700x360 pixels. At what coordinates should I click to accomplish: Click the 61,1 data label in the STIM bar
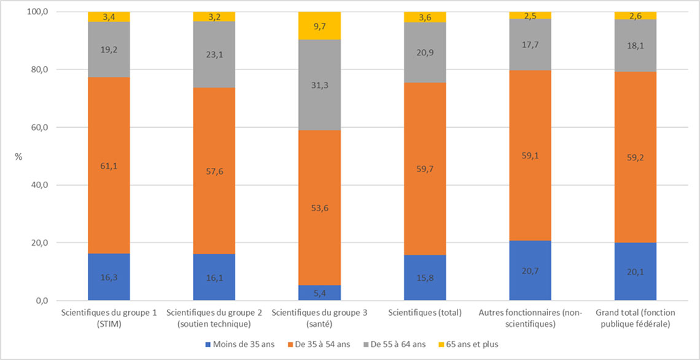pyautogui.click(x=109, y=166)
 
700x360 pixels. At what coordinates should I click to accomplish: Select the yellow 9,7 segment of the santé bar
pyautogui.click(x=319, y=26)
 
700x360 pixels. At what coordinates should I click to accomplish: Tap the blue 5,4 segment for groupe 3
pyautogui.click(x=319, y=293)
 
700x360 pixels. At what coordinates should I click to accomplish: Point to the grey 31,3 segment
pyautogui.click(x=319, y=85)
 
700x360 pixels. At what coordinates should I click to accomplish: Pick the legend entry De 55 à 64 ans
pyautogui.click(x=397, y=345)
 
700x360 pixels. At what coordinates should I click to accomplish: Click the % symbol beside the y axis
pyautogui.click(x=18, y=157)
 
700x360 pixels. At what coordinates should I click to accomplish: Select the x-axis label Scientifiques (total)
pyautogui.click(x=424, y=313)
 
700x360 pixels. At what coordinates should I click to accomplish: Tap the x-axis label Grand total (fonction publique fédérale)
pyautogui.click(x=635, y=318)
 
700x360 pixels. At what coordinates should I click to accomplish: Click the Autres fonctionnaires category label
pyautogui.click(x=529, y=318)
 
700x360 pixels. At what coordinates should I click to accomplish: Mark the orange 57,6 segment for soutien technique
pyautogui.click(x=214, y=171)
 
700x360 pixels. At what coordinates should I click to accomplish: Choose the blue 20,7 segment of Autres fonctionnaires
pyautogui.click(x=530, y=271)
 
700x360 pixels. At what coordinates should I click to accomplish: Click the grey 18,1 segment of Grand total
pyautogui.click(x=635, y=45)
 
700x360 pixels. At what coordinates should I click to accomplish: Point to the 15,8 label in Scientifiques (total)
pyautogui.click(x=424, y=278)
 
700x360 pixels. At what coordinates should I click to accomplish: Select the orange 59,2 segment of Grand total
pyautogui.click(x=635, y=157)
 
